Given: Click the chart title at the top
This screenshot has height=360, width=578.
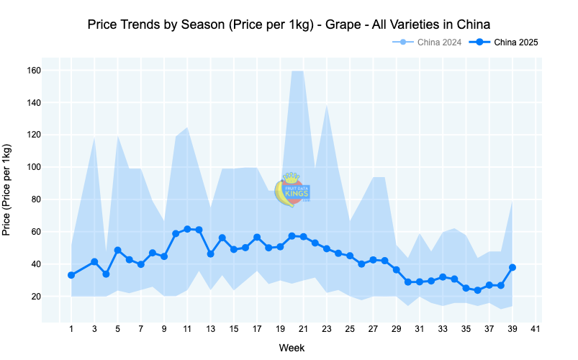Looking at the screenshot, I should [x=289, y=24].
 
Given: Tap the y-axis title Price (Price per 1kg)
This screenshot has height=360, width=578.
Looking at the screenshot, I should [x=7, y=190].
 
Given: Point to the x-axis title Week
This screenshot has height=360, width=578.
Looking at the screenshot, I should [x=291, y=348].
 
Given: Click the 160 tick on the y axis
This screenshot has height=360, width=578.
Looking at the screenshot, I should [x=34, y=71].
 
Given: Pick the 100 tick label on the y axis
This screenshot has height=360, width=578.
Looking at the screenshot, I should [x=34, y=167].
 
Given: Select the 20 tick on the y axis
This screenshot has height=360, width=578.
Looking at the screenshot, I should [x=36, y=297].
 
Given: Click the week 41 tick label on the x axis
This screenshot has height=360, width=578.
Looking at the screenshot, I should [x=535, y=329].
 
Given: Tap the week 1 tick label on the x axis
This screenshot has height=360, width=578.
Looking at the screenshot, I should [x=71, y=329].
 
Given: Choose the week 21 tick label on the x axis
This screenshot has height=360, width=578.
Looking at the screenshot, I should [x=303, y=329].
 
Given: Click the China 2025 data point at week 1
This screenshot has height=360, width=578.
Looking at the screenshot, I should [x=71, y=275].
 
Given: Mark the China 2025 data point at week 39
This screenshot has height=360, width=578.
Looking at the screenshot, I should [x=512, y=267].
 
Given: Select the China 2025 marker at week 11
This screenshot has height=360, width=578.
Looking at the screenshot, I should [x=187, y=229].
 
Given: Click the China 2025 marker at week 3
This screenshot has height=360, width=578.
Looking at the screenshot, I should [x=94, y=262].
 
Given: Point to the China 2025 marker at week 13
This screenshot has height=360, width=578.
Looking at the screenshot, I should [x=210, y=253].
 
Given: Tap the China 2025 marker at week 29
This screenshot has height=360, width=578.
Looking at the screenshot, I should [x=396, y=270].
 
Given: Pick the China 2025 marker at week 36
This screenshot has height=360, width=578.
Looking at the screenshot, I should [x=477, y=290].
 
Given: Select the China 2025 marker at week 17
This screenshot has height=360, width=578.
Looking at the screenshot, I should [x=257, y=238].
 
